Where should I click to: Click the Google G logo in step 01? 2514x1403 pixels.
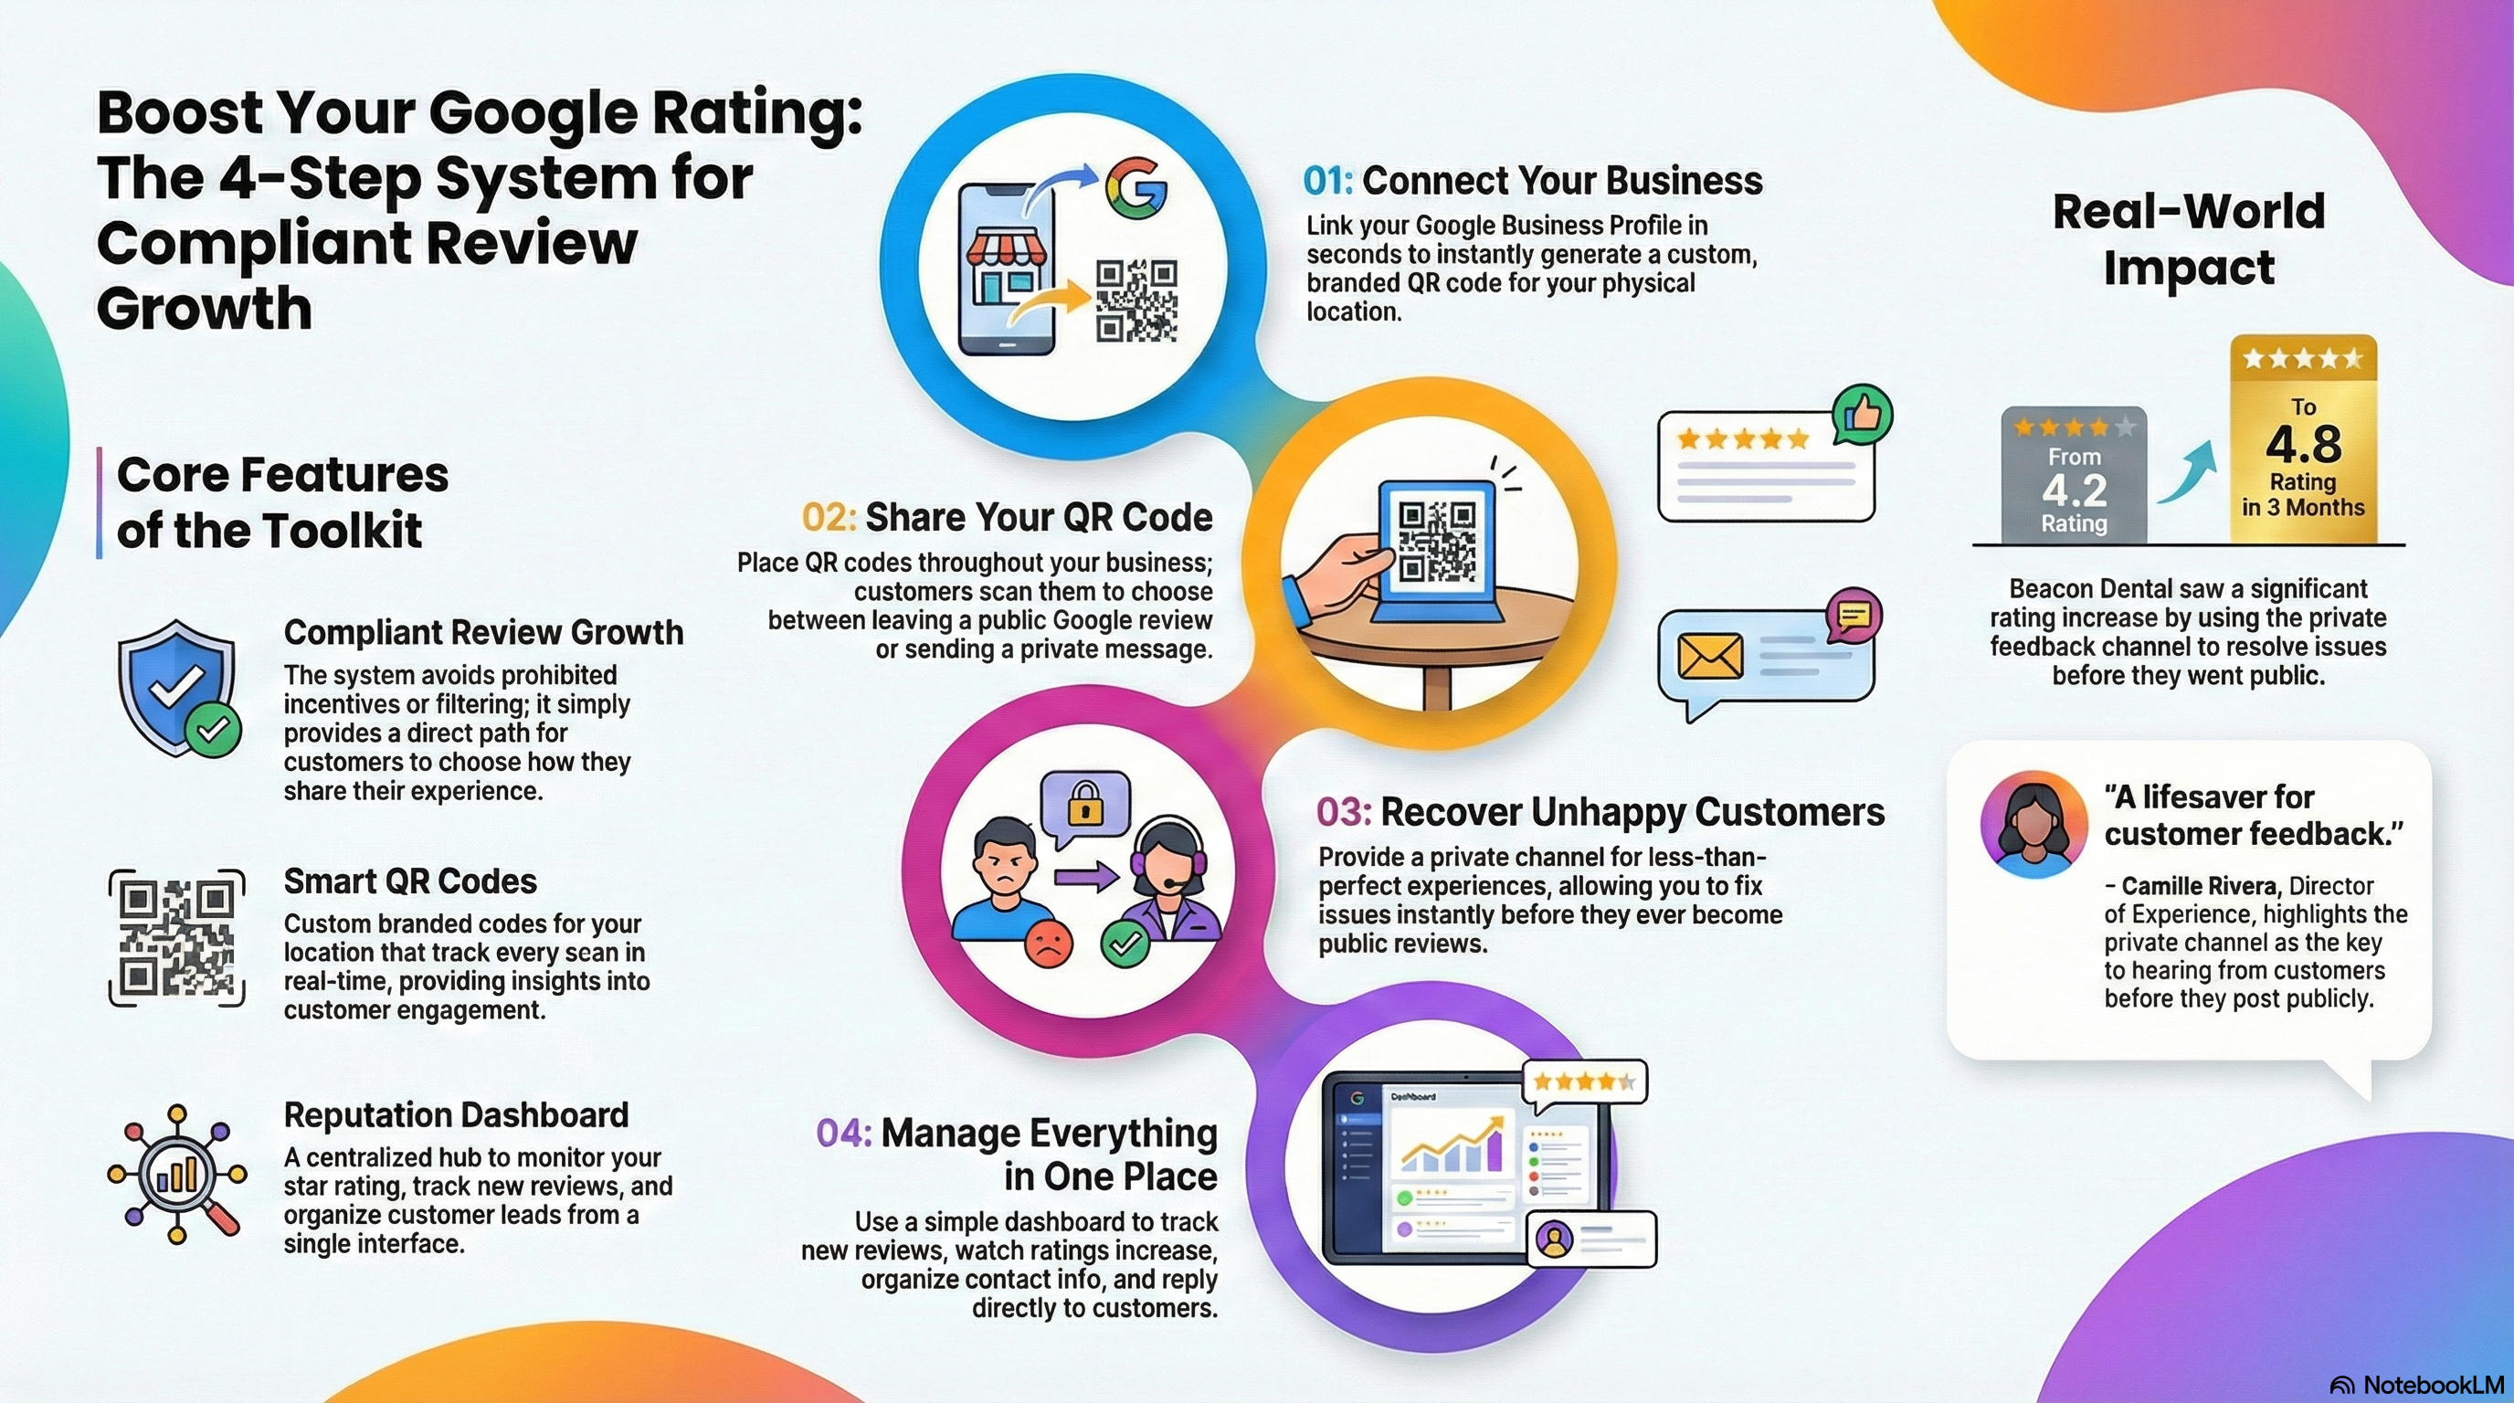[x=1136, y=187]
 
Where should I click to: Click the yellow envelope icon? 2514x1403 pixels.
[x=1710, y=656]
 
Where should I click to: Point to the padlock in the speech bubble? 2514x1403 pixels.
[x=1084, y=806]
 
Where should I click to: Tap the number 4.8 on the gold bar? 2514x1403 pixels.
[x=2303, y=444]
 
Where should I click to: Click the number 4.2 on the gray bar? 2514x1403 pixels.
[x=2075, y=489]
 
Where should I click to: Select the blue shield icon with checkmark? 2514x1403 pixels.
[x=180, y=688]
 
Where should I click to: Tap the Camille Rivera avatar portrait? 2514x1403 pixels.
[x=2033, y=825]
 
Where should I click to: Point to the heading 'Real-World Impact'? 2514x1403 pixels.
[x=2189, y=239]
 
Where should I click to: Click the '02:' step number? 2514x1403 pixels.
[x=829, y=517]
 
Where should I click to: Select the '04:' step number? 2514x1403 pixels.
[x=843, y=1133]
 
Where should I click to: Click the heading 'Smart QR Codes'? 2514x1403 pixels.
[x=410, y=881]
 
